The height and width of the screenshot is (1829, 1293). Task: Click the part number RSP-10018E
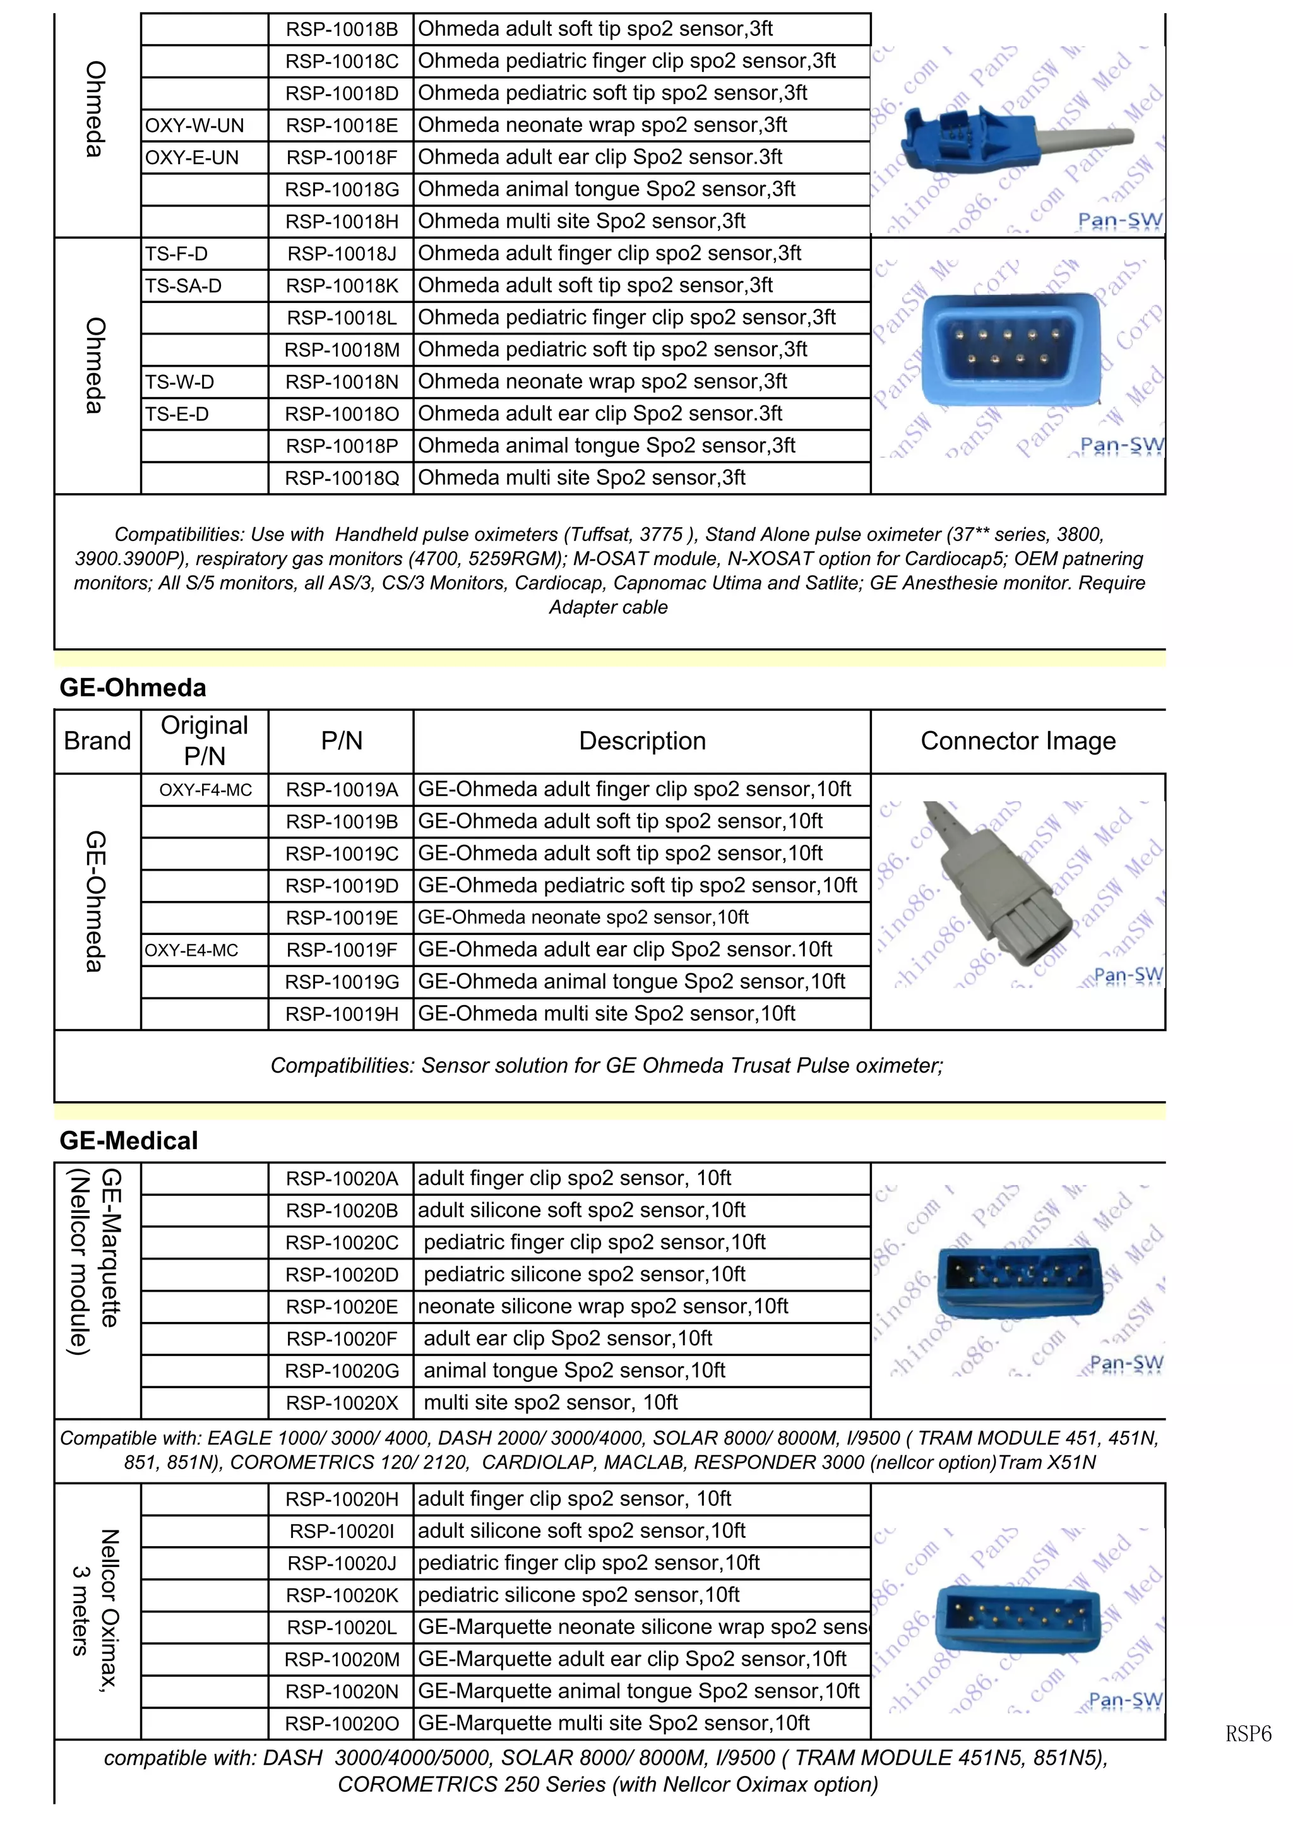(342, 126)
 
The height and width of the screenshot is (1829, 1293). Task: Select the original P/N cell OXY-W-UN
(194, 126)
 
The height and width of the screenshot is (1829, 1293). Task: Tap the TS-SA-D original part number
(183, 286)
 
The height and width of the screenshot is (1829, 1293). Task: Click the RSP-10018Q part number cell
(342, 478)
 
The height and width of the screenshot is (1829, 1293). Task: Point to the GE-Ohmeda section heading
(133, 688)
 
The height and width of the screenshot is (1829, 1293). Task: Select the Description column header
(642, 741)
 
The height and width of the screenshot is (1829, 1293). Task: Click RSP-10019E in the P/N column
(342, 919)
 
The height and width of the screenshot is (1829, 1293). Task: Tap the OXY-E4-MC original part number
(191, 950)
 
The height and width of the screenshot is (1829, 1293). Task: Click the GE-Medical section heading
(129, 1141)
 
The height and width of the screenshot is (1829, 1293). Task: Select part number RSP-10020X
(342, 1403)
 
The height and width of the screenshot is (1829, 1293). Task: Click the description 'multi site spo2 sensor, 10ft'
(551, 1403)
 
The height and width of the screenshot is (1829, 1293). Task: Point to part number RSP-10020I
(342, 1531)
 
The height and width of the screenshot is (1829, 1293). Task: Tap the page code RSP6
(1248, 1734)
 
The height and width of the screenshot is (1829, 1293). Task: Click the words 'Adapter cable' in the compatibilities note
(608, 608)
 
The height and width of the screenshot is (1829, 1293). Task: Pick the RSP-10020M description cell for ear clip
(632, 1659)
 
